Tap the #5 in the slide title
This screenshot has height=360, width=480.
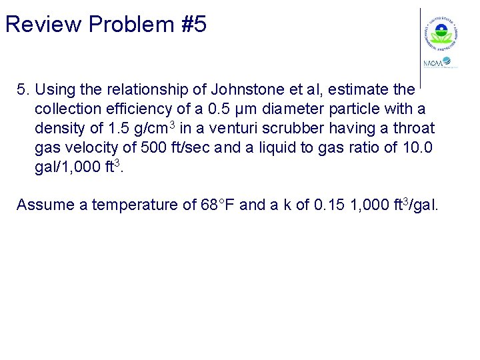pyautogui.click(x=194, y=25)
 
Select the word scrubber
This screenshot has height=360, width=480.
pyautogui.click(x=313, y=128)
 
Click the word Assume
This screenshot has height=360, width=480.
pyautogui.click(x=43, y=205)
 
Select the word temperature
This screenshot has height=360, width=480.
pyautogui.click(x=136, y=205)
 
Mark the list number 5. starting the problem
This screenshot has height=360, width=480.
pyautogui.click(x=23, y=89)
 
